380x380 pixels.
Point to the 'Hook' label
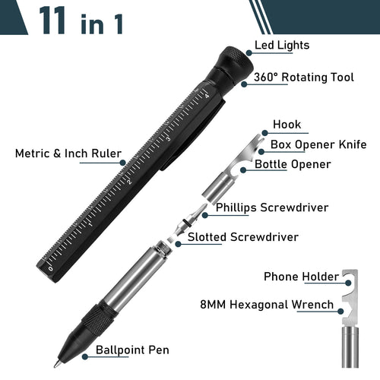pyautogui.click(x=287, y=125)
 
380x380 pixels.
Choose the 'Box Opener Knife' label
pyautogui.click(x=318, y=144)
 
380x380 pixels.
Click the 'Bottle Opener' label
pyautogui.click(x=293, y=163)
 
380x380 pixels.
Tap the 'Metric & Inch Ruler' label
pyautogui.click(x=68, y=154)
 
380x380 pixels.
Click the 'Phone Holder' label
pyautogui.click(x=301, y=277)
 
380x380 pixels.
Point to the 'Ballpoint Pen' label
pyautogui.click(x=132, y=350)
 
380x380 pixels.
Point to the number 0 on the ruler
pyautogui.click(x=50, y=268)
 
